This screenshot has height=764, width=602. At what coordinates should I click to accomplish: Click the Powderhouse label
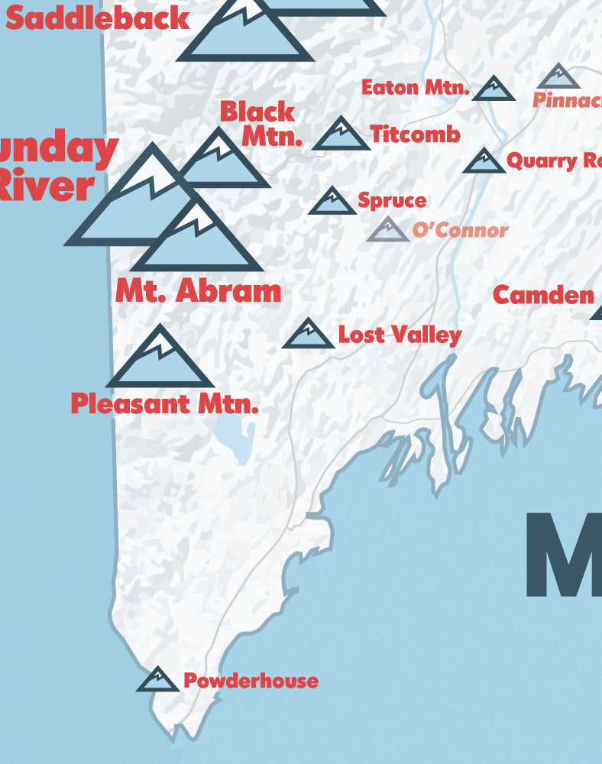(x=251, y=681)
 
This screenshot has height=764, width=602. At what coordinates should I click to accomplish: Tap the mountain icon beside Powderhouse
(x=157, y=680)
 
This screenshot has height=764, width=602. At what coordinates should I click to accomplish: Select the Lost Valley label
(x=400, y=335)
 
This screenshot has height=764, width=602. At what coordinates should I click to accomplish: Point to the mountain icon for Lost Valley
(x=308, y=335)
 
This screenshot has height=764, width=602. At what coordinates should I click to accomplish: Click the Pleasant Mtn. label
(x=164, y=403)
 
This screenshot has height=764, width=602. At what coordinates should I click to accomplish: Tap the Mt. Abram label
(x=199, y=291)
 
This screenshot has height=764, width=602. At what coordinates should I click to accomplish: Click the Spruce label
(x=392, y=201)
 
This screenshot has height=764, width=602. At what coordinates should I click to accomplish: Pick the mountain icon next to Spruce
(x=332, y=202)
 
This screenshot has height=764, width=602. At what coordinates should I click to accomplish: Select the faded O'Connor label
(x=460, y=230)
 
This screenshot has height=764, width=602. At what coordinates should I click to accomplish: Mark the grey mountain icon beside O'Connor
(x=388, y=231)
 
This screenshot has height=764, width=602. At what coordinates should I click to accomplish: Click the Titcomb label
(x=416, y=134)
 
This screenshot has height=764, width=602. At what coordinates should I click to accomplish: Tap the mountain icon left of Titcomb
(x=341, y=135)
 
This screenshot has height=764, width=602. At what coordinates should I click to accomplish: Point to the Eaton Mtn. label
(x=415, y=88)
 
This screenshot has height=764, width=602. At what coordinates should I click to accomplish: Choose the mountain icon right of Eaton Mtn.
(x=494, y=89)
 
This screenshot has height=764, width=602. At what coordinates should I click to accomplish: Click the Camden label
(x=543, y=295)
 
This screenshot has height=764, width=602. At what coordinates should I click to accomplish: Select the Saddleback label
(x=97, y=18)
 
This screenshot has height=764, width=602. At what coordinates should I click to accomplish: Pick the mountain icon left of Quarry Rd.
(x=484, y=162)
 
